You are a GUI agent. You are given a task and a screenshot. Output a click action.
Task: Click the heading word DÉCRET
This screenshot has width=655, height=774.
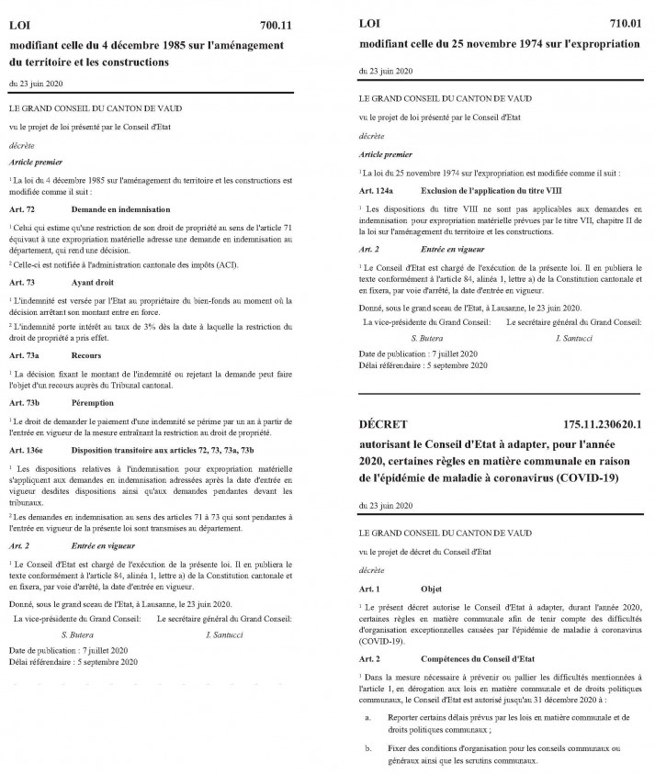(383, 424)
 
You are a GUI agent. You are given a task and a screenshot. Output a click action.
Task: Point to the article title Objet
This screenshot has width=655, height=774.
(431, 586)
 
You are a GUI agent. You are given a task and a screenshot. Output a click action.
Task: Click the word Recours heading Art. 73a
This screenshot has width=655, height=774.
(87, 354)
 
